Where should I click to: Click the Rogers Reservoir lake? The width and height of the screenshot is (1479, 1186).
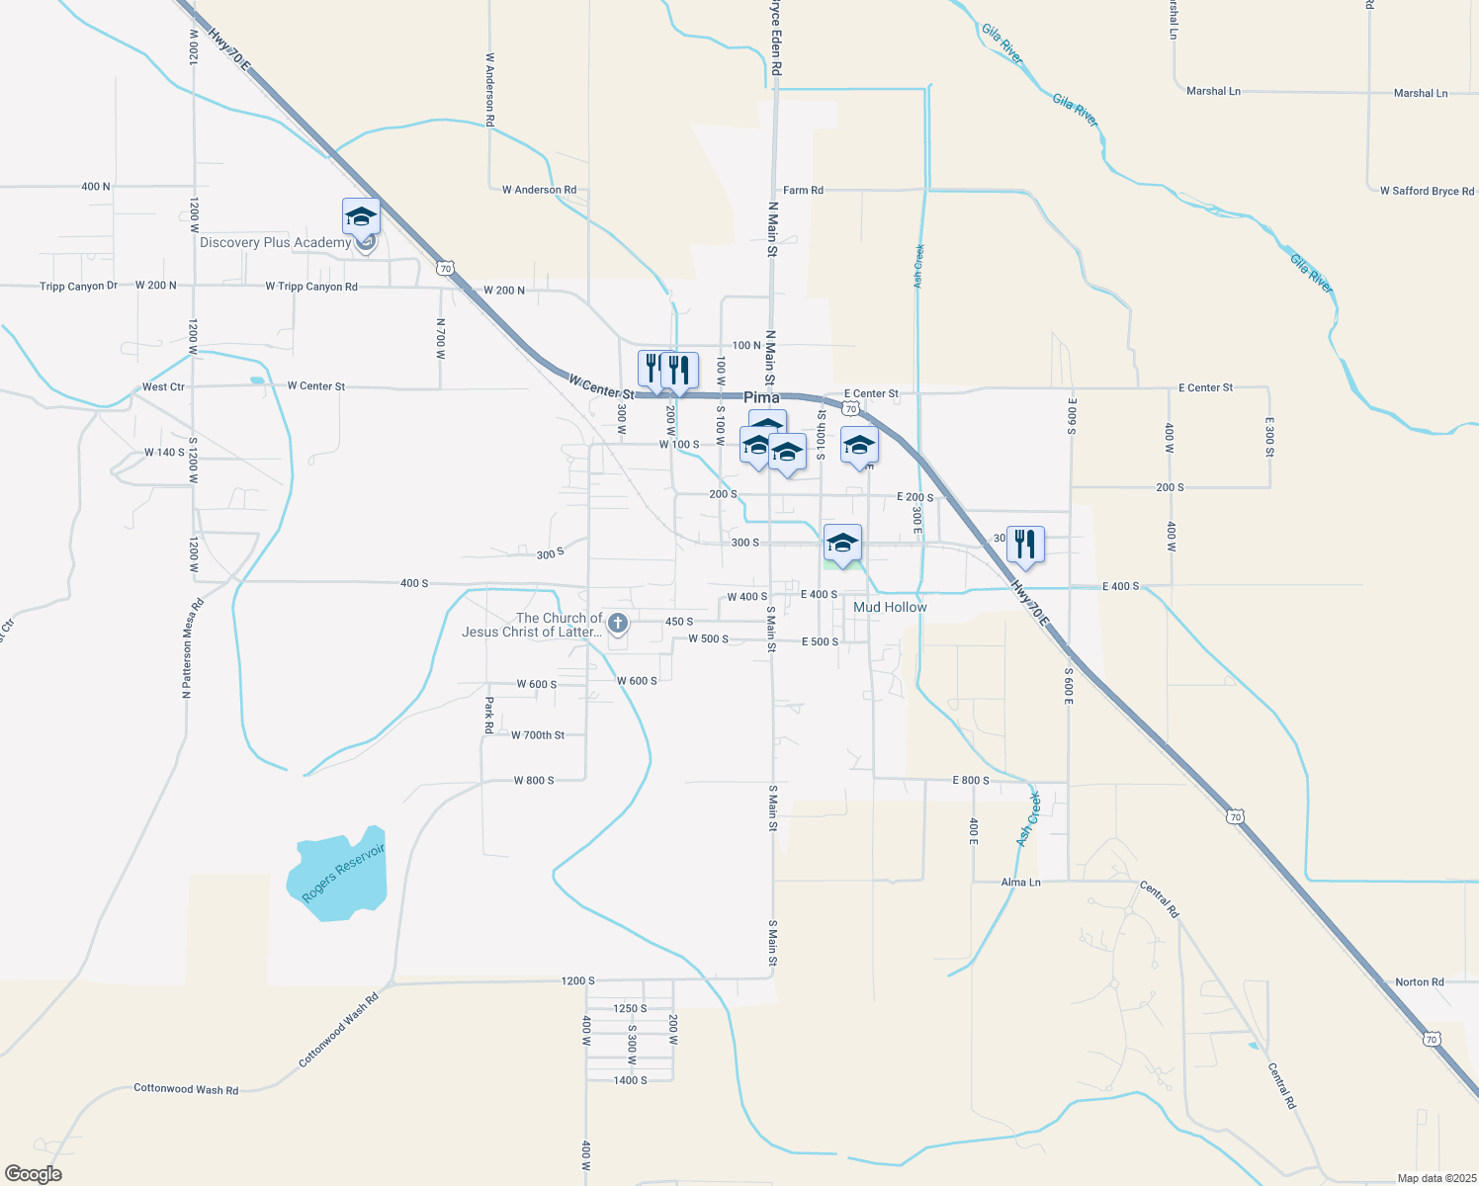[336, 875]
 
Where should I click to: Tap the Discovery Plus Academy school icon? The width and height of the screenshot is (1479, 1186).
[361, 216]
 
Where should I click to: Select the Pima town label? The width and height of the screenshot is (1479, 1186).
[761, 397]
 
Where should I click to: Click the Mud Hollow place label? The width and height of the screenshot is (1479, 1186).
[890, 607]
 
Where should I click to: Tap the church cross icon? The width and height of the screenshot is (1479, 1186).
[618, 623]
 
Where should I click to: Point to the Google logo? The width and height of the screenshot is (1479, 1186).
[34, 1173]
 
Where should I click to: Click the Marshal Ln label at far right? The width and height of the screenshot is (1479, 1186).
[1420, 93]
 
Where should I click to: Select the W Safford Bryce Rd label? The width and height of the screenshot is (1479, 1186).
[1427, 191]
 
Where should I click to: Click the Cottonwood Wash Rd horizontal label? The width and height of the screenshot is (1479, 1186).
[186, 1089]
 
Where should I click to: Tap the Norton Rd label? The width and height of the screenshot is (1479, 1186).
[1419, 981]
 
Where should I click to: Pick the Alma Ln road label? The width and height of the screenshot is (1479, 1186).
[1020, 882]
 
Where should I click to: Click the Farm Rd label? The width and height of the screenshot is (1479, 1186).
[803, 190]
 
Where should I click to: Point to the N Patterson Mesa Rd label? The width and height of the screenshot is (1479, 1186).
[187, 648]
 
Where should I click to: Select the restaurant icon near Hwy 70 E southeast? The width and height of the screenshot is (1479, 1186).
[1025, 544]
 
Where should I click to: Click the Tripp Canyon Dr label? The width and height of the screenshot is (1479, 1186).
[78, 287]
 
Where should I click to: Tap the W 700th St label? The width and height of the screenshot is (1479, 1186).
[538, 735]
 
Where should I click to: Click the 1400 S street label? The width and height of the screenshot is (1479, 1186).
[630, 1080]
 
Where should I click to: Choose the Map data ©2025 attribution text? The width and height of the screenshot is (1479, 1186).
[1435, 1178]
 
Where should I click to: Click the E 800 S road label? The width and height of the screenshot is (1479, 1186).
[971, 781]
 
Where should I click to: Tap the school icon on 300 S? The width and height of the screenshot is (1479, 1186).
[842, 543]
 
